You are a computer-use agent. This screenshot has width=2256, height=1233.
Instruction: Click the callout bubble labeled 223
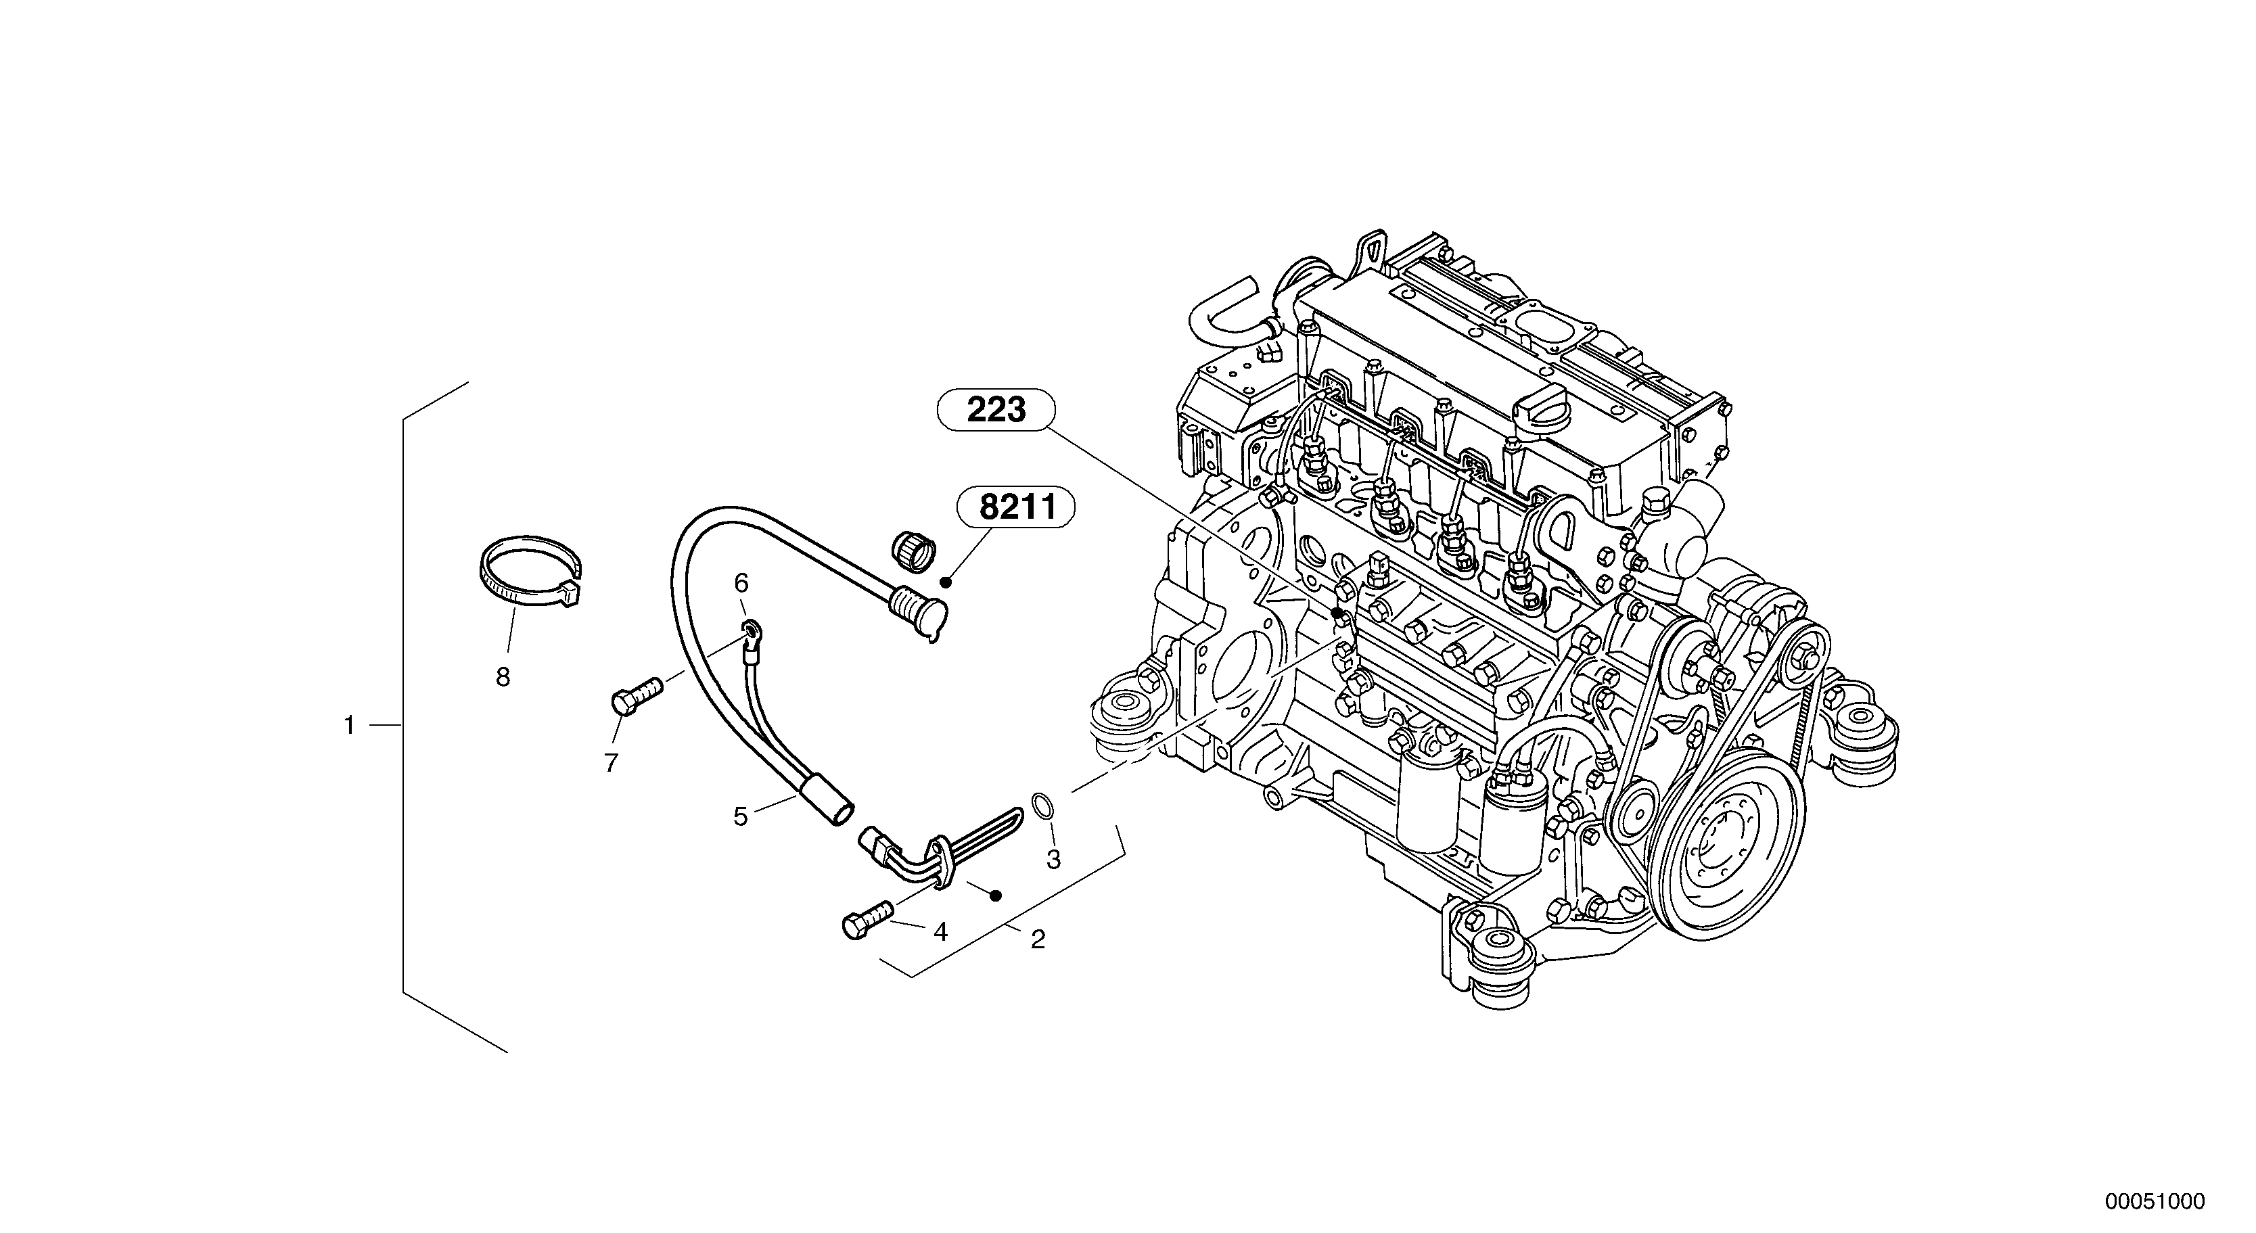tap(996, 410)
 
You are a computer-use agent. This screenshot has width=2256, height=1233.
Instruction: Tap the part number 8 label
tap(503, 677)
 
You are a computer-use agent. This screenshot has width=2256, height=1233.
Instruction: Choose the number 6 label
tap(741, 582)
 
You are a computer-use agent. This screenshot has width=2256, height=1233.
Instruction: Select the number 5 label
tap(741, 817)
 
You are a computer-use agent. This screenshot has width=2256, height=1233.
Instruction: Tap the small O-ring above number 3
tap(1041, 806)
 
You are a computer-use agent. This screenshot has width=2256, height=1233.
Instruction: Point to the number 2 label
tap(1038, 939)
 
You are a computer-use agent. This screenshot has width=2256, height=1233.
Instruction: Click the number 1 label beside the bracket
tap(350, 726)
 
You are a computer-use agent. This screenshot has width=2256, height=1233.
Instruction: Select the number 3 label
tap(1053, 860)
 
